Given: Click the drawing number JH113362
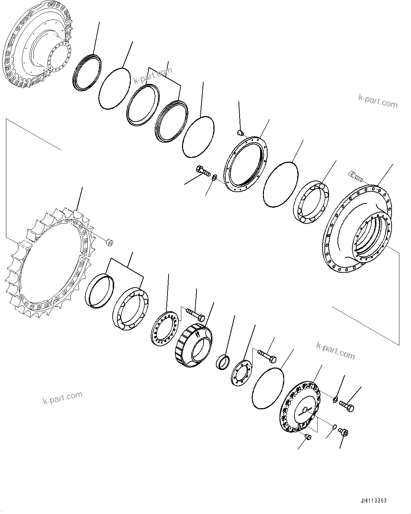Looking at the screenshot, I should pyautogui.click(x=373, y=501).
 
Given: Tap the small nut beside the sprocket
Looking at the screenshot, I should pyautogui.click(x=110, y=242).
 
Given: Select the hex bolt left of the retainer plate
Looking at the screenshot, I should pyautogui.click(x=202, y=172).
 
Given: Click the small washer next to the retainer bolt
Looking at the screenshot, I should pyautogui.click(x=214, y=177).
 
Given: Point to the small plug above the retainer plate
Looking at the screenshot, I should pyautogui.click(x=240, y=133).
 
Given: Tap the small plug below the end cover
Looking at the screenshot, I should pyautogui.click(x=308, y=438).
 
